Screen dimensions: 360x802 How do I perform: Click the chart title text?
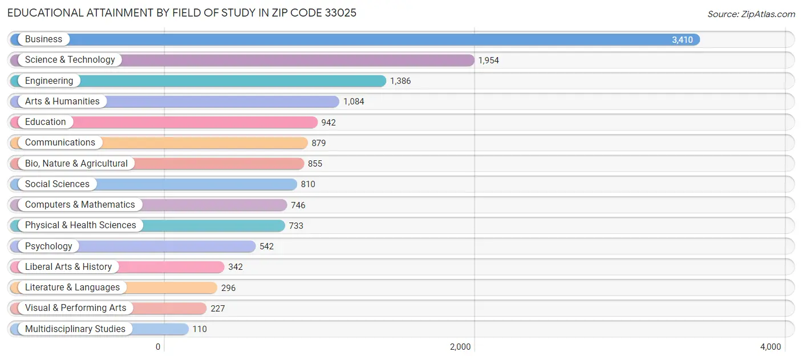pyautogui.click(x=181, y=13)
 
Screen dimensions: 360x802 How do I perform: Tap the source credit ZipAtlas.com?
pyautogui.click(x=751, y=14)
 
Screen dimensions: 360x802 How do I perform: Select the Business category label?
pyautogui.click(x=43, y=39)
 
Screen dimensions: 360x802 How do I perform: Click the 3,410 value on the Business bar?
pyautogui.click(x=682, y=40)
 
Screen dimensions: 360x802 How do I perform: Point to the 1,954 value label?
pyautogui.click(x=488, y=60)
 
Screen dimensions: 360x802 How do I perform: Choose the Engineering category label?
pyautogui.click(x=49, y=81)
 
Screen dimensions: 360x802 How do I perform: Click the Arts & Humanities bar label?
pyautogui.click(x=62, y=102)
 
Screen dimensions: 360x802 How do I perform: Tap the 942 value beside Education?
pyautogui.click(x=329, y=123)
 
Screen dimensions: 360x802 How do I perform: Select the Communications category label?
pyautogui.click(x=60, y=143)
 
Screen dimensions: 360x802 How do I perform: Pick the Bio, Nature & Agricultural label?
pyautogui.click(x=76, y=164)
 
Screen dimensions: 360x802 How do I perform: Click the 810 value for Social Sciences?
pyautogui.click(x=308, y=184)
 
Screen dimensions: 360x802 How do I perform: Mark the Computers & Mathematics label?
pyautogui.click(x=80, y=205)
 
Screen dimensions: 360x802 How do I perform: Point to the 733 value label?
pyautogui.click(x=296, y=226)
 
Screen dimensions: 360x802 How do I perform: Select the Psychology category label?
pyautogui.click(x=48, y=246)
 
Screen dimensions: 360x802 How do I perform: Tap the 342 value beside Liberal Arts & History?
pyautogui.click(x=236, y=267)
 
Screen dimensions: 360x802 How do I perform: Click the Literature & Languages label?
pyautogui.click(x=72, y=288)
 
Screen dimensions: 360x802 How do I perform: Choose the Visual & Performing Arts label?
pyautogui.click(x=76, y=308)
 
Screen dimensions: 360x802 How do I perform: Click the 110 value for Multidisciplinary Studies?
pyautogui.click(x=200, y=329)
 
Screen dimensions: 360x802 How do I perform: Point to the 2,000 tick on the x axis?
pyautogui.click(x=460, y=347)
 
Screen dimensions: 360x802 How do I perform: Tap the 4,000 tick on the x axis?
pyautogui.click(x=771, y=347)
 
